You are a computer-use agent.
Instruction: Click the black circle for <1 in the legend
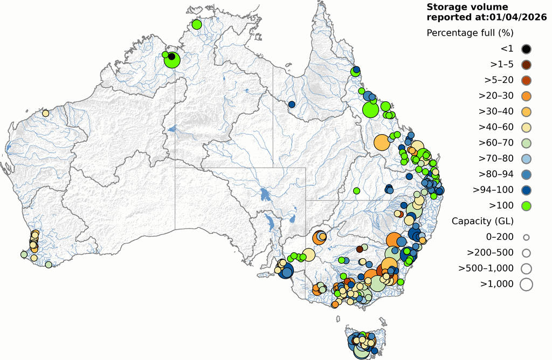click(526, 49)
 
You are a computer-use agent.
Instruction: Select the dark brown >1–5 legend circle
click(526, 65)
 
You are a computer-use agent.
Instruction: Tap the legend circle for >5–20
click(526, 80)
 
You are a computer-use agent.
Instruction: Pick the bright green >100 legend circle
click(526, 205)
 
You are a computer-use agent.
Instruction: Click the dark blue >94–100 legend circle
click(526, 190)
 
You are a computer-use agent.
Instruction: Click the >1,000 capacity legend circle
click(526, 283)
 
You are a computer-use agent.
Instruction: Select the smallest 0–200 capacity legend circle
click(526, 237)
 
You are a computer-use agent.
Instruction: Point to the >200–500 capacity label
click(489, 252)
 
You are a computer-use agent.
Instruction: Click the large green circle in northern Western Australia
click(172, 60)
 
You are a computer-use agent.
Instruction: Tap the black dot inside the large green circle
click(171, 56)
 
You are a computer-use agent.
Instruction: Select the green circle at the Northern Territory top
click(197, 24)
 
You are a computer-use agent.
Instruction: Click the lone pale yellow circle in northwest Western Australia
click(46, 114)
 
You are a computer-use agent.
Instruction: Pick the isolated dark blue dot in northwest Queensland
click(292, 104)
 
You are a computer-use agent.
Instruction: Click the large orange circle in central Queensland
click(382, 142)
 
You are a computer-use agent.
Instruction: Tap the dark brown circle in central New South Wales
click(360, 249)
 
